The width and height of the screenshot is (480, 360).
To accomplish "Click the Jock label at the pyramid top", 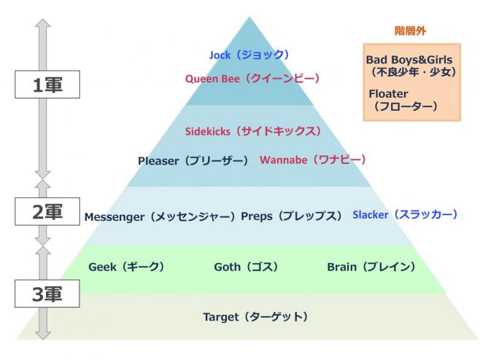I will pyautogui.click(x=249, y=55).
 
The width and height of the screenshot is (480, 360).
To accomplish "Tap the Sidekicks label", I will pyautogui.click(x=252, y=131).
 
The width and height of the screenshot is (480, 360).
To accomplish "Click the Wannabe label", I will pyautogui.click(x=312, y=160).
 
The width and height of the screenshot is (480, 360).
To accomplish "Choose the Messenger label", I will pyautogui.click(x=160, y=216).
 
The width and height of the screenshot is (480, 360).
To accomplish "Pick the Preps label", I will pyautogui.click(x=291, y=216).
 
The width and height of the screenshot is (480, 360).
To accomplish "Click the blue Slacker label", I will pyautogui.click(x=405, y=215).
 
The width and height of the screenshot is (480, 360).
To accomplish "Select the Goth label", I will pyautogui.click(x=246, y=267).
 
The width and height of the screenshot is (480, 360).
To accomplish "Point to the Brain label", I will pyautogui.click(x=371, y=267).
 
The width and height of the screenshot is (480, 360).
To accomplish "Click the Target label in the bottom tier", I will pyautogui.click(x=255, y=317).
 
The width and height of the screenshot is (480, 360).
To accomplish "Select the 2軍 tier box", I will pyautogui.click(x=43, y=211).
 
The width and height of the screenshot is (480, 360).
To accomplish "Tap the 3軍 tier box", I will pyautogui.click(x=43, y=294).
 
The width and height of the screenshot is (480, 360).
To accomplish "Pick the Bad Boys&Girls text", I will pyautogui.click(x=409, y=59).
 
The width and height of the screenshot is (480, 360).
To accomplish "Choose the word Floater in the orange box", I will pyautogui.click(x=388, y=94).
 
